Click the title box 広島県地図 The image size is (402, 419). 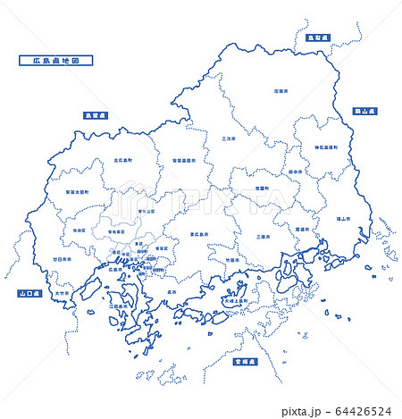pyautogui.click(x=55, y=62)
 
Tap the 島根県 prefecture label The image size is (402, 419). pyautogui.click(x=96, y=115)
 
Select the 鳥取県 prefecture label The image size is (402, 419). pyautogui.click(x=317, y=38)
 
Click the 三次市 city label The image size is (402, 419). pyautogui.click(x=229, y=138)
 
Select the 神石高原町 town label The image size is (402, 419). pyautogui.click(x=326, y=146)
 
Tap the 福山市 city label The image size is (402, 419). pyautogui.click(x=343, y=218)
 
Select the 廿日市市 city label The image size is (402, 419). pyautogui.click(x=64, y=257)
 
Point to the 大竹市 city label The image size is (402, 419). pyautogui.click(x=61, y=292)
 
